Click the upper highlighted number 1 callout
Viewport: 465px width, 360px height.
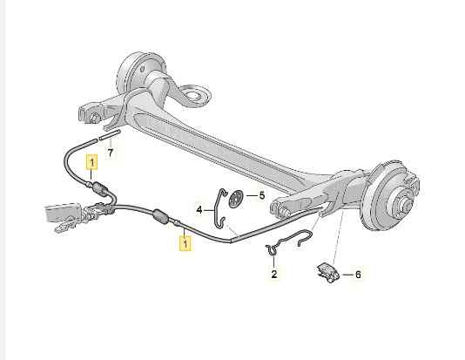point(91,162)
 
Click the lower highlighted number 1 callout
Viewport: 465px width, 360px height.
point(185,243)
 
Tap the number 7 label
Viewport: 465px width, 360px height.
point(111,153)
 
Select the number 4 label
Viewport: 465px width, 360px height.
point(199,210)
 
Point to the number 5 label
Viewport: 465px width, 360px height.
point(261,195)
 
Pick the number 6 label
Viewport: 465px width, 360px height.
point(358,275)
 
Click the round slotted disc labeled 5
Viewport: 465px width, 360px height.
point(236,198)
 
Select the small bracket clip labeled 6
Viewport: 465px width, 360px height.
point(327,273)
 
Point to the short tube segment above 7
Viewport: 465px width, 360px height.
point(110,135)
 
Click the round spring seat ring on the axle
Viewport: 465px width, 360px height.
point(194,95)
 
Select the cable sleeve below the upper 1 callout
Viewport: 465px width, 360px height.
point(99,188)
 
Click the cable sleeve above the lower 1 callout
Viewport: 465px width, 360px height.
point(161,216)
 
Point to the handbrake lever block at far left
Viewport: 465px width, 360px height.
point(62,212)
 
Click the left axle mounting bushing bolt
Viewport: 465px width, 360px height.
point(93,118)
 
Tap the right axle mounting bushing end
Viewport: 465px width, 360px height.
point(285,211)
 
